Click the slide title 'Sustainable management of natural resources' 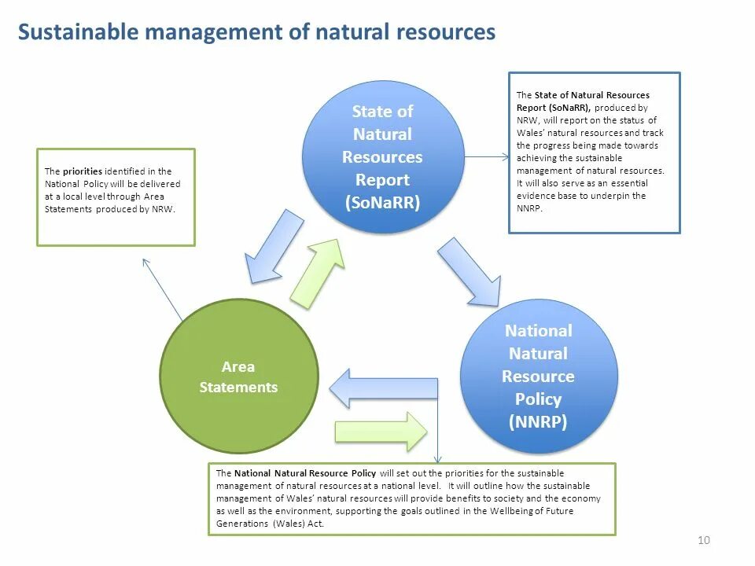click(256, 32)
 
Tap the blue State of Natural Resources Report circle click(383, 157)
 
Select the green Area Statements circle click(238, 377)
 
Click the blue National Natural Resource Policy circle click(538, 376)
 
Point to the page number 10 click(704, 539)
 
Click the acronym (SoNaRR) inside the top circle click(383, 202)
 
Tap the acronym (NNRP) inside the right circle click(538, 421)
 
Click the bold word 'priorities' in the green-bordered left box click(83, 171)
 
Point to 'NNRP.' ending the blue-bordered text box click(529, 208)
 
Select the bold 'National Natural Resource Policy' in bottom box click(306, 473)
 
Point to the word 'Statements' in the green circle click(238, 388)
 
